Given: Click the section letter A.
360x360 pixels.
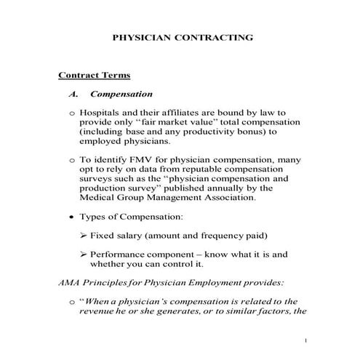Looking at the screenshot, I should point(72,94).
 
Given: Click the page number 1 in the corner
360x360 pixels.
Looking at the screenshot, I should point(306,340).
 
